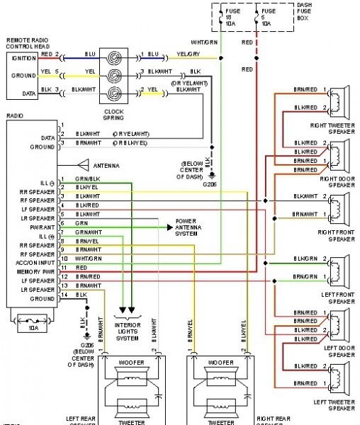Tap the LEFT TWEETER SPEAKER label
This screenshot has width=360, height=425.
pyautogui.click(x=332, y=405)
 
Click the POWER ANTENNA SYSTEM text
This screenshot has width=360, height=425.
pyautogui.click(x=189, y=229)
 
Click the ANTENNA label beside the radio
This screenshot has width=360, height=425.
pyautogui.click(x=105, y=166)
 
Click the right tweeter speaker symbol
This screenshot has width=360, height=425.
pyautogui.click(x=342, y=98)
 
